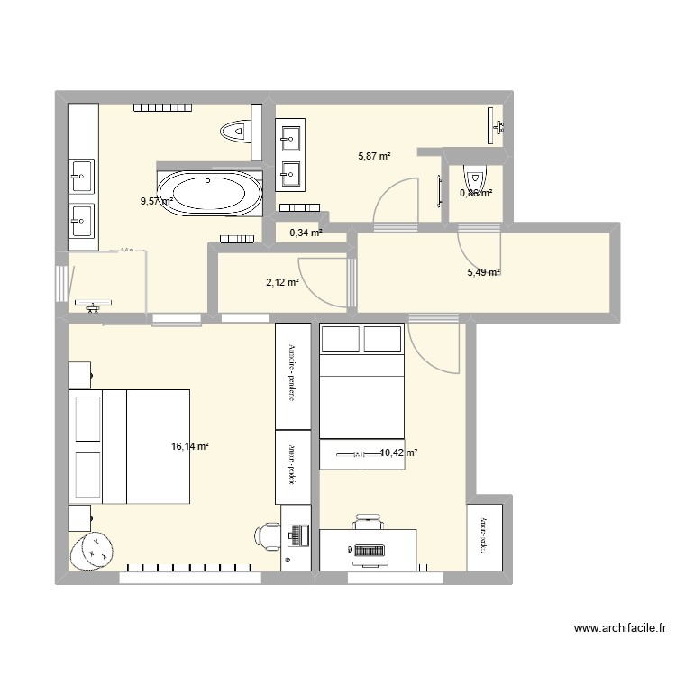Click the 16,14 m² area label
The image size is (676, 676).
[189, 446]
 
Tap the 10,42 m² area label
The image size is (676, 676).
[397, 453]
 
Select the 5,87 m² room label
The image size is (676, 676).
[374, 156]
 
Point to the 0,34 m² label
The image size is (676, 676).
[305, 233]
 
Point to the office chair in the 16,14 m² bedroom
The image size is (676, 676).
[267, 535]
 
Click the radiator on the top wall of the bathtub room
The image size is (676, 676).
[163, 108]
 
